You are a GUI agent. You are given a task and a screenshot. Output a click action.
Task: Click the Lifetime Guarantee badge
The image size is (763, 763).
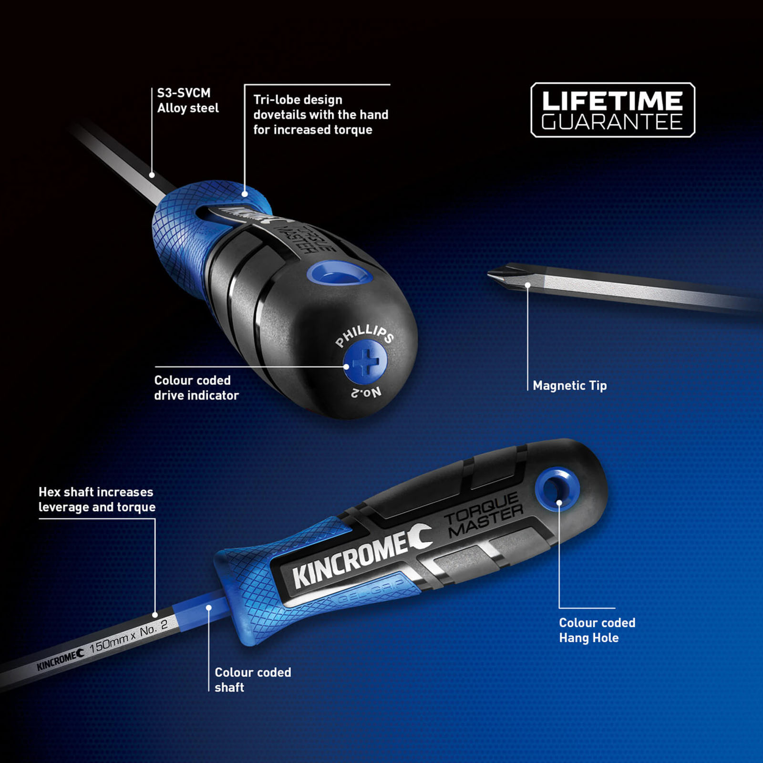coord(613,110)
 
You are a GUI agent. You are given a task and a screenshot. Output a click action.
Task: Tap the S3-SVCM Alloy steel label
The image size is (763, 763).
coord(188,100)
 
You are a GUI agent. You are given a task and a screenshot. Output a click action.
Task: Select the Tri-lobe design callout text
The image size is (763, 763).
coord(320,114)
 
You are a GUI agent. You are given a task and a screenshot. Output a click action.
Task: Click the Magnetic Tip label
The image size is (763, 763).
coord(570,385)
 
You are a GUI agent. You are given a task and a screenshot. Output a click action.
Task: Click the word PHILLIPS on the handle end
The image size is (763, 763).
coord(365,335)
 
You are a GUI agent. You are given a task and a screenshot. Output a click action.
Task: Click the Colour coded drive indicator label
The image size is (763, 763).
coord(196,388)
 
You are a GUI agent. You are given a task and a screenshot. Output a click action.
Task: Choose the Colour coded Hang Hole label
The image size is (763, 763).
coord(597,630)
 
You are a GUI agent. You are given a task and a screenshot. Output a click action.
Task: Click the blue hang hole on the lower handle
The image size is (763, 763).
coord(557,490)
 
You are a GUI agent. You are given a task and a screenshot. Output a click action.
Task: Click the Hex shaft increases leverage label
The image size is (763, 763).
coord(97,499)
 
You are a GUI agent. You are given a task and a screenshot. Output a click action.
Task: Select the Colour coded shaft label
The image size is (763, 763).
coord(253,680)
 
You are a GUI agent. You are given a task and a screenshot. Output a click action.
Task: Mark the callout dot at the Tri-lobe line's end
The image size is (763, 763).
coord(245,194)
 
